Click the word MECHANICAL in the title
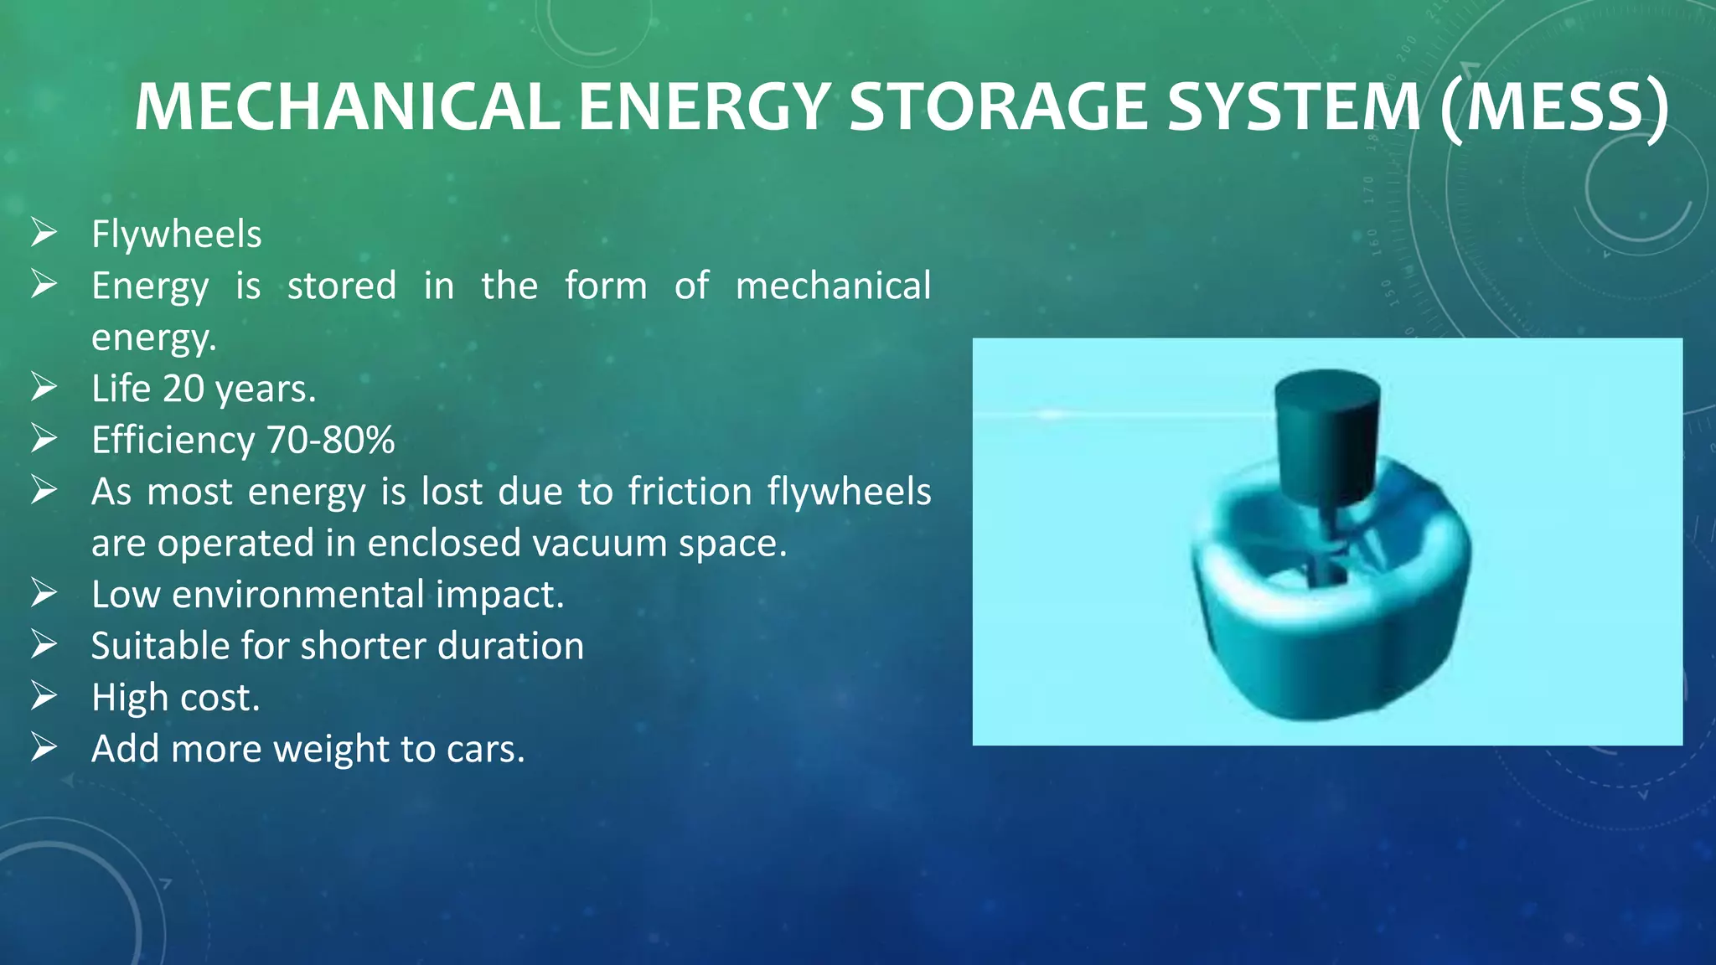pos(347,107)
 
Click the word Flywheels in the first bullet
pos(176,234)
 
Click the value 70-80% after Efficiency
pos(331,440)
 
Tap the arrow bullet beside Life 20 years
pos(44,387)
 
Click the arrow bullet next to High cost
pos(44,696)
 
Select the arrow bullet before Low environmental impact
pos(44,593)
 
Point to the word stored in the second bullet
pos(342,286)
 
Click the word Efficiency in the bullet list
pos(173,440)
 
